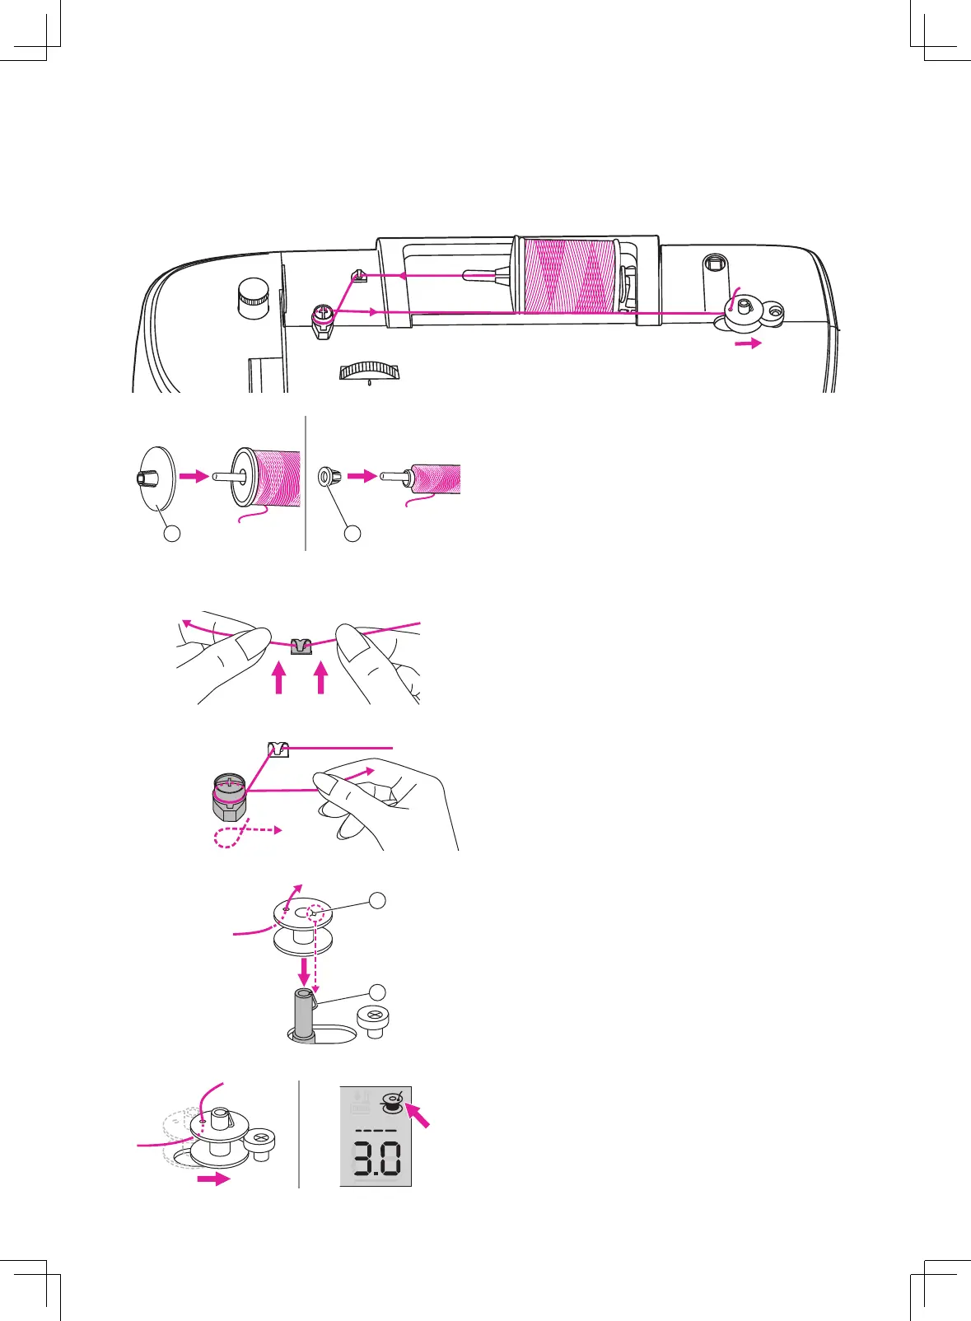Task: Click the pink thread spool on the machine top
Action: click(x=569, y=276)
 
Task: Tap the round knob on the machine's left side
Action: click(x=253, y=296)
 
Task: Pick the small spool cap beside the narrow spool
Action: click(x=329, y=476)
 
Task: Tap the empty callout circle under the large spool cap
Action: click(x=172, y=533)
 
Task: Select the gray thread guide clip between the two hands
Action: click(x=302, y=646)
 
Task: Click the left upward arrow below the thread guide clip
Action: click(x=279, y=679)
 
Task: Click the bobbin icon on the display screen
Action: click(x=392, y=1103)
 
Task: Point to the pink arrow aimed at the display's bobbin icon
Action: click(x=418, y=1118)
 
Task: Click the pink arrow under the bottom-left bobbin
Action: click(x=213, y=1179)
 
